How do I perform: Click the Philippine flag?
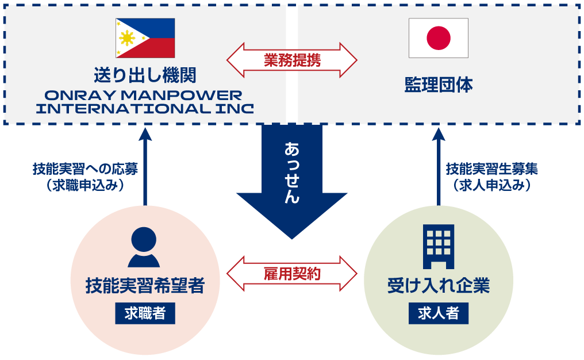pyautogui.click(x=145, y=38)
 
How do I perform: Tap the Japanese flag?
pyautogui.click(x=438, y=38)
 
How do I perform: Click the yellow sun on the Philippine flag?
pyautogui.click(x=126, y=39)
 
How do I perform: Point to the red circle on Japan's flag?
pyautogui.click(x=438, y=38)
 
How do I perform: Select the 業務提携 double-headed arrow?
pyautogui.click(x=292, y=59)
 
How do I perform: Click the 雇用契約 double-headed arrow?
pyautogui.click(x=292, y=273)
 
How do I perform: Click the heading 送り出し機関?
pyautogui.click(x=145, y=75)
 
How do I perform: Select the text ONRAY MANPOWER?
pyautogui.click(x=145, y=95)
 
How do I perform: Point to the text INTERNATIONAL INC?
pyautogui.click(x=145, y=109)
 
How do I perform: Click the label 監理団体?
pyautogui.click(x=438, y=86)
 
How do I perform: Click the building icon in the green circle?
pyautogui.click(x=438, y=246)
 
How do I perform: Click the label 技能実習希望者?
pyautogui.click(x=145, y=286)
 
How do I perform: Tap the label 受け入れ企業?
pyautogui.click(x=438, y=286)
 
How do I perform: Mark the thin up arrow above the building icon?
pyautogui.click(x=439, y=167)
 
